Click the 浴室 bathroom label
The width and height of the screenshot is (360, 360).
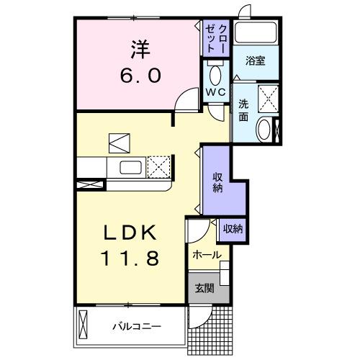point(254,61)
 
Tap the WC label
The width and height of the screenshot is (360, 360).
point(215,92)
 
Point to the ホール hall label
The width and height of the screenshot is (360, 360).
point(207,255)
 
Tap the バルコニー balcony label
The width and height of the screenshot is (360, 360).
point(136,326)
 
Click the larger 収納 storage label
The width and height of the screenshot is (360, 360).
point(216,182)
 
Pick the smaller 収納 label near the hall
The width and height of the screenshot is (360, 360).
point(232,228)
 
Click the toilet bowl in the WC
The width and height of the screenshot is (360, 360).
point(215,75)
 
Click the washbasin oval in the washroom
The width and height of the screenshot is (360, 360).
point(264,130)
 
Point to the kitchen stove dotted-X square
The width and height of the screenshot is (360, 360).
point(158,168)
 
